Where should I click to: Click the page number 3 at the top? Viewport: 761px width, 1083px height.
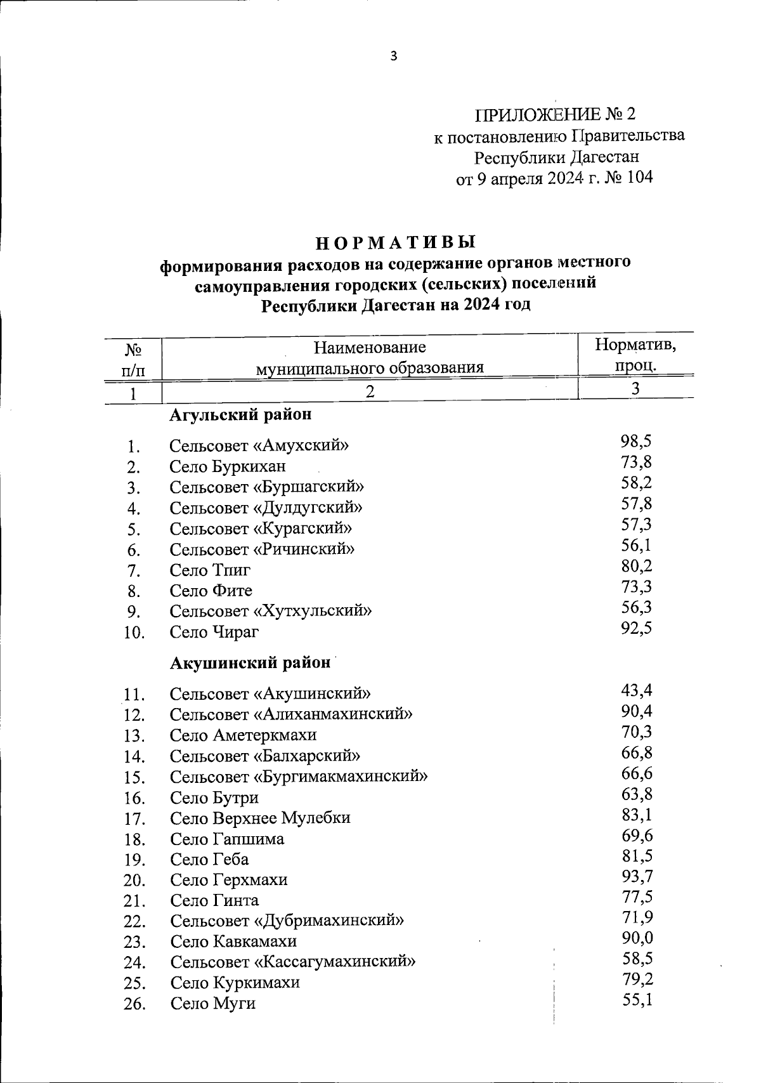tap(393, 56)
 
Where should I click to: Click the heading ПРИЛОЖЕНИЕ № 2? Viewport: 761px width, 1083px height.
tap(555, 114)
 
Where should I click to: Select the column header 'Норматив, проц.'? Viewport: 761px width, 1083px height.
tap(635, 356)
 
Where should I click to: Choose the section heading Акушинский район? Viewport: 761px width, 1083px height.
tap(250, 663)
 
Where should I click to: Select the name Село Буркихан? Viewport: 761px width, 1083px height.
tap(228, 467)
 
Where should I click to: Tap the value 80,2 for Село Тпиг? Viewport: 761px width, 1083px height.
tap(637, 566)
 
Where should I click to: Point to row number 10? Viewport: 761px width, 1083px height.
tap(134, 633)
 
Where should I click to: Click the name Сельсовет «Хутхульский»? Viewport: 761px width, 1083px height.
tap(271, 611)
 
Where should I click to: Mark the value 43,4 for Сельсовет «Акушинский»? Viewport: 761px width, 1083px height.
tap(637, 690)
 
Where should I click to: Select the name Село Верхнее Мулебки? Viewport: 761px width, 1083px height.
tap(260, 818)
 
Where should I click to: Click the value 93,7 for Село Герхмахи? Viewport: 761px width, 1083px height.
tap(637, 877)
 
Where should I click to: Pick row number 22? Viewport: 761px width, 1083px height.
tap(135, 921)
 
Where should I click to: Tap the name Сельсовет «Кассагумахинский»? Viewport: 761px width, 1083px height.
tap(293, 962)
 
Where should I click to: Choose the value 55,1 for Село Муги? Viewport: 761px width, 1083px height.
tap(637, 1001)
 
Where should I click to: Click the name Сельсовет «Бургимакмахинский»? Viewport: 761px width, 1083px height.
tap(299, 777)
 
